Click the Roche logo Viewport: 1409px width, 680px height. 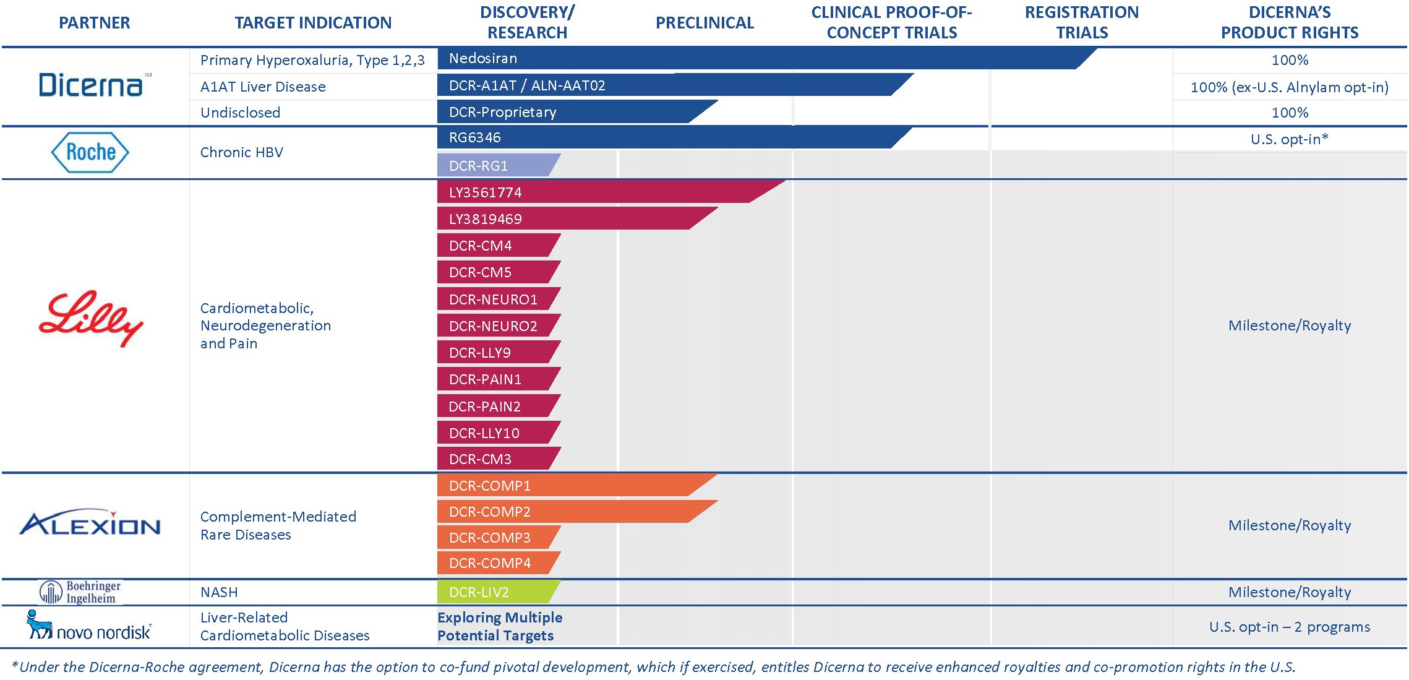(x=90, y=152)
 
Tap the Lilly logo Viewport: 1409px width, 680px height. (x=92, y=319)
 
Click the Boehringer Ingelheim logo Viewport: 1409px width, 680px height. (x=81, y=592)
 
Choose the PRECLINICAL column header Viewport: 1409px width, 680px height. (x=704, y=23)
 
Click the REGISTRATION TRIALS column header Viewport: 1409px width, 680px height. (x=1081, y=22)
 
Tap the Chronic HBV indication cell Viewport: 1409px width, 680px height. (x=242, y=152)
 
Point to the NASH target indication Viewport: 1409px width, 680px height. (x=219, y=592)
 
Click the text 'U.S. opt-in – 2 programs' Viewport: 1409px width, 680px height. (x=1289, y=627)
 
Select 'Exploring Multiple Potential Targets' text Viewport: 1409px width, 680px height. (x=500, y=626)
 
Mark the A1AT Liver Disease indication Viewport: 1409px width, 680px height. (x=263, y=87)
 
